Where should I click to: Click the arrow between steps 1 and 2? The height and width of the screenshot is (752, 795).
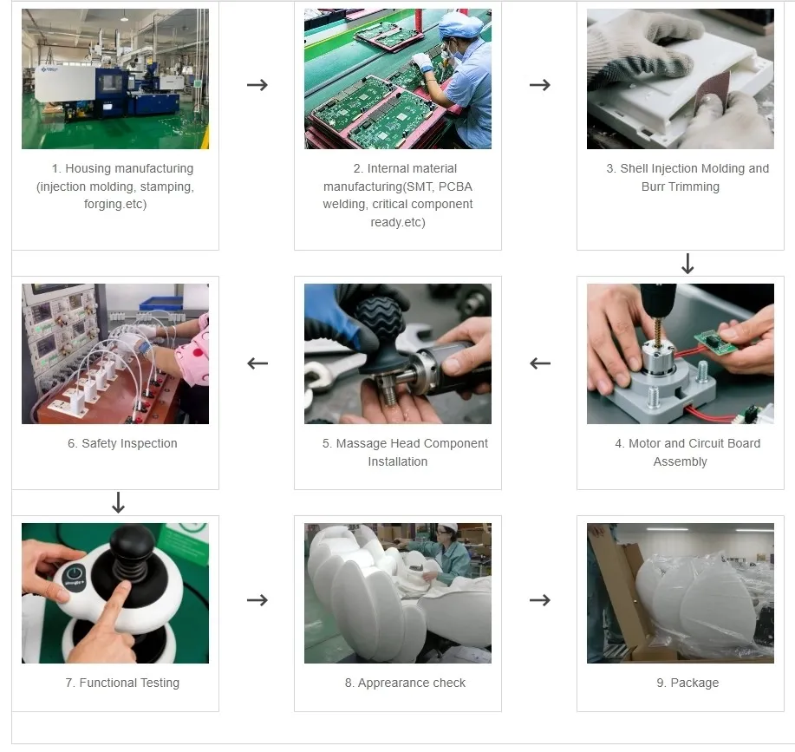(257, 85)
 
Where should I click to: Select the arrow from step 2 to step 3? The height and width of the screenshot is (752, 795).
(539, 85)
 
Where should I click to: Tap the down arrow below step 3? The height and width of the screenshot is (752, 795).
(687, 264)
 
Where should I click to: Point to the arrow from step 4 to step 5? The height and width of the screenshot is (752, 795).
(539, 363)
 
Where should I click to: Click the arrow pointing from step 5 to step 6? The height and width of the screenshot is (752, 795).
(257, 363)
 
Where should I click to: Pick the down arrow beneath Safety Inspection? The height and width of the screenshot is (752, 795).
(119, 502)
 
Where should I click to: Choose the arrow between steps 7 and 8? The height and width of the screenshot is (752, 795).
(257, 600)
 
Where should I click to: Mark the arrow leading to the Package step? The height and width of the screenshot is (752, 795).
(539, 600)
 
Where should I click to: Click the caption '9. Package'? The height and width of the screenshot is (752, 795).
(687, 683)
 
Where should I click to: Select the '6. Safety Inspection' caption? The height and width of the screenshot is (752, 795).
(122, 443)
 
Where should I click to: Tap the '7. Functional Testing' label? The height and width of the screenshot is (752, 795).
(122, 683)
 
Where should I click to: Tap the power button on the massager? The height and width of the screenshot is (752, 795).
(75, 574)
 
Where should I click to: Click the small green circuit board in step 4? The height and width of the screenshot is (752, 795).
(715, 341)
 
